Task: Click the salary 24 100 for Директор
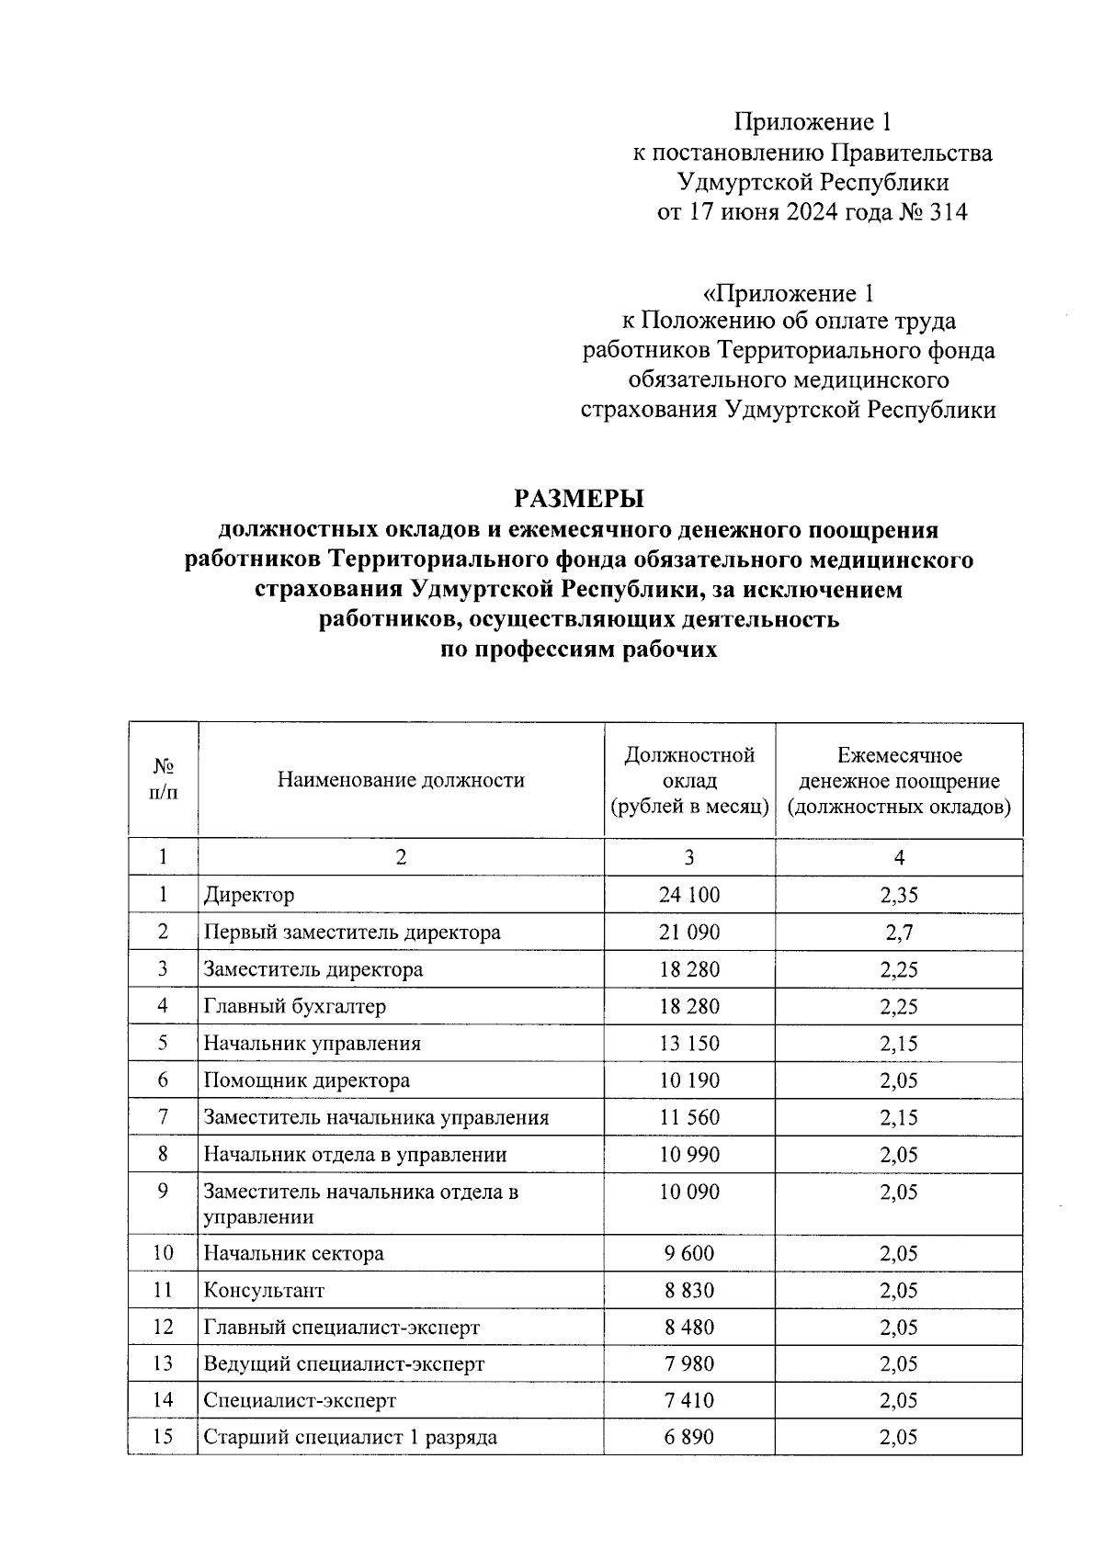pos(688,895)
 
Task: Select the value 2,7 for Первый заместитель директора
pos(898,933)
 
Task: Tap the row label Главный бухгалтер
pos(294,1006)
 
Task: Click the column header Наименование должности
pos(401,781)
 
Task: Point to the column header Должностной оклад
pos(688,781)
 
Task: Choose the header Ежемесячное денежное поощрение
pos(898,781)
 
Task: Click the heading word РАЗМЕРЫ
pos(578,498)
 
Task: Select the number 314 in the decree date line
pos(949,212)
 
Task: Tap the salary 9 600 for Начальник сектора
pos(688,1253)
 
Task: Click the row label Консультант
pos(264,1291)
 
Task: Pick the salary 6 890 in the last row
pos(688,1438)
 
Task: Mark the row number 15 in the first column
pos(163,1437)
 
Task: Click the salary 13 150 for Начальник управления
pos(688,1044)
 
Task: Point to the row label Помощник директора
pos(306,1080)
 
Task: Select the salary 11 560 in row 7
pos(688,1118)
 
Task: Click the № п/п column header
pos(163,779)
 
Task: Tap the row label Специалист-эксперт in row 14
pos(300,1401)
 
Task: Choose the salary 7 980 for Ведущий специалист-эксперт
pos(688,1364)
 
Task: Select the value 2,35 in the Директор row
pos(898,895)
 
